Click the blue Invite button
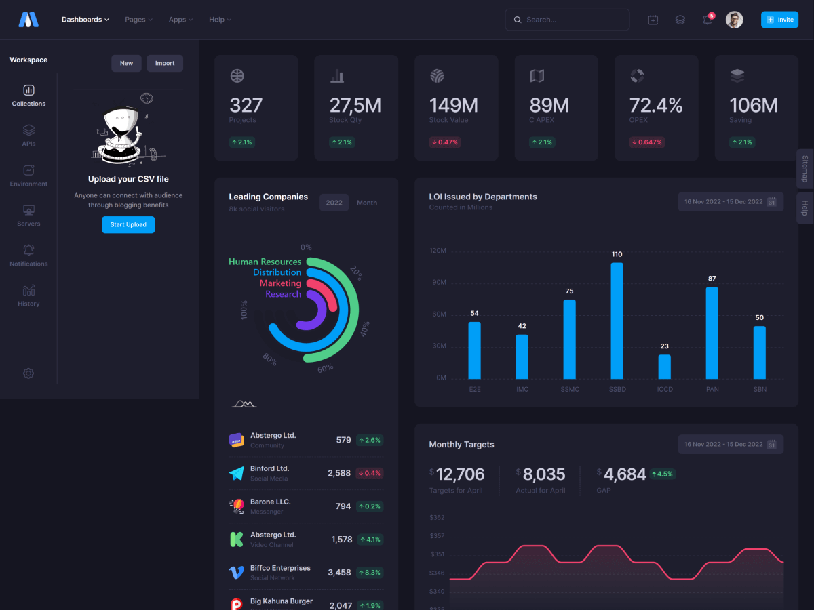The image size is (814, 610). [779, 20]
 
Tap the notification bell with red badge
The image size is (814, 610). [708, 20]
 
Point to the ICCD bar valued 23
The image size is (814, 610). [665, 367]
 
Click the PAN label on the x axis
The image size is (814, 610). [712, 390]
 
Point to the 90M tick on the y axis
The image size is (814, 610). [438, 283]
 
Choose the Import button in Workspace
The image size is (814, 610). [165, 64]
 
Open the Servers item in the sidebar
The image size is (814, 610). [28, 216]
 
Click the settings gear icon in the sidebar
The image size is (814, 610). [28, 373]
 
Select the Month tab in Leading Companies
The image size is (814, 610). [367, 203]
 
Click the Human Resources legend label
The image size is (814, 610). [265, 262]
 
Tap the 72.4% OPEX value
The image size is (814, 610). [656, 106]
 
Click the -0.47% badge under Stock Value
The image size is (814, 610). [444, 142]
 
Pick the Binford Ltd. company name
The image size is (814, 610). [269, 468]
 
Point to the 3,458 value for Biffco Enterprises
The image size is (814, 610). [339, 573]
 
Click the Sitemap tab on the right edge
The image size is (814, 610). [805, 169]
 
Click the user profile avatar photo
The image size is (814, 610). [734, 20]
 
